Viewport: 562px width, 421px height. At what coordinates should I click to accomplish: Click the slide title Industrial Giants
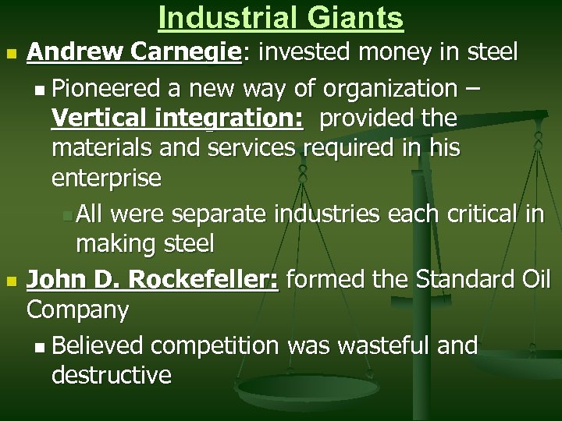point(280,17)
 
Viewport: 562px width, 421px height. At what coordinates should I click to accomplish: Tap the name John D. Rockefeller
point(151,279)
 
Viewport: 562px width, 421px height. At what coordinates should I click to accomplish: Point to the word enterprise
point(106,179)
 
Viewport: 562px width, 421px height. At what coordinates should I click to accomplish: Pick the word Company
point(77,310)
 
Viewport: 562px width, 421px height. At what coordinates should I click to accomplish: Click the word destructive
point(111,375)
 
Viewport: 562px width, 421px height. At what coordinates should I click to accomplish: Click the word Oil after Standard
point(534,279)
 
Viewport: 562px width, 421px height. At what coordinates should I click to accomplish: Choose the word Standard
point(453,279)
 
